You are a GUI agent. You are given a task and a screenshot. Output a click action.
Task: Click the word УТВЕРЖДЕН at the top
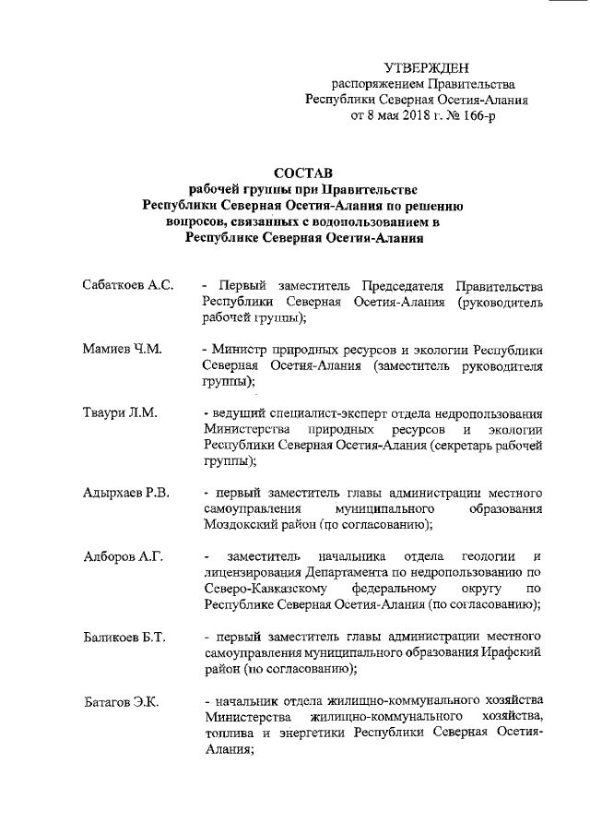coord(426,67)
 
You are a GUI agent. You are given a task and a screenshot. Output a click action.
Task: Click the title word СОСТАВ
coord(304,173)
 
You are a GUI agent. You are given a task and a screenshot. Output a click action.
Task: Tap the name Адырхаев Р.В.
coord(125,493)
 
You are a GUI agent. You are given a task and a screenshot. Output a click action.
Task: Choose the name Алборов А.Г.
coord(122,556)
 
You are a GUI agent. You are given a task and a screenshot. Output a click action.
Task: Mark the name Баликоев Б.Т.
coord(124,637)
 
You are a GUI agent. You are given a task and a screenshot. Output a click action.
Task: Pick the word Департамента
coord(357,573)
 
